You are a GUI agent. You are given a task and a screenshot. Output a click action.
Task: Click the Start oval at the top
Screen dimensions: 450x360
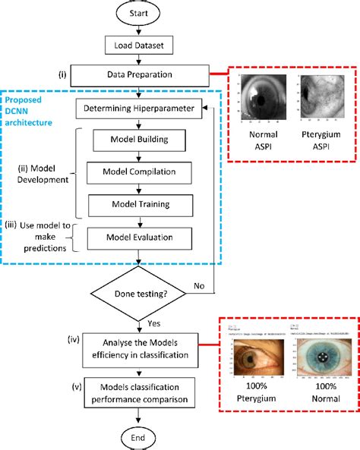(137, 14)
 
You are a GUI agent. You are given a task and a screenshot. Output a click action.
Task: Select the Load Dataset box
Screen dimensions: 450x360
(137, 45)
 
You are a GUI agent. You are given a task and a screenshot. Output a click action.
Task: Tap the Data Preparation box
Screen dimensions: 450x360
(137, 74)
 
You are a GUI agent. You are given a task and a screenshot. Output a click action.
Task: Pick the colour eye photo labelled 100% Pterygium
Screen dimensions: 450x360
(259, 357)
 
